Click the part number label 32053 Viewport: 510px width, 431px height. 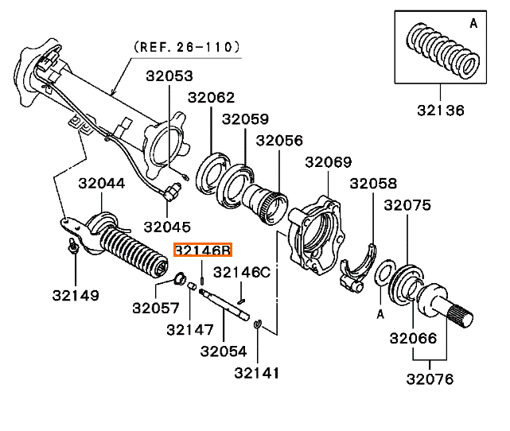click(169, 77)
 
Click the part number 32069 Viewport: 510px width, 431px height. click(327, 163)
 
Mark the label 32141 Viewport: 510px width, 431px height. click(257, 372)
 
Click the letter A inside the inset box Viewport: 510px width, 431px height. click(473, 24)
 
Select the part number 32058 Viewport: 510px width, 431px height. click(372, 184)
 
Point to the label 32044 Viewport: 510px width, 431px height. click(101, 184)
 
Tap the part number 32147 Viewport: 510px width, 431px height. click(189, 328)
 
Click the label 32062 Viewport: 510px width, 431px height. click(211, 98)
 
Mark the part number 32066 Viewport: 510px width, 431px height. click(413, 338)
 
